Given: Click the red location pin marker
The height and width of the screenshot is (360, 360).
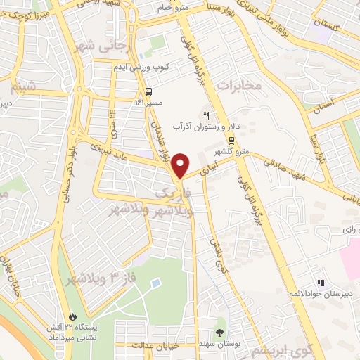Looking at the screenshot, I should (x=181, y=165).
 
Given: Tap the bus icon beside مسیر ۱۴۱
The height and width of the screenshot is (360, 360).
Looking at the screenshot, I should (x=148, y=91).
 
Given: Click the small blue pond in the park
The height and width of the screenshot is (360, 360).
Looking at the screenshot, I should (x=155, y=284).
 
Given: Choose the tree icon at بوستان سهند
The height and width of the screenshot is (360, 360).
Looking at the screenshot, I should (x=220, y=331).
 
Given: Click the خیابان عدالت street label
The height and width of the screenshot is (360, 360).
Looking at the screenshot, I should (x=155, y=346).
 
